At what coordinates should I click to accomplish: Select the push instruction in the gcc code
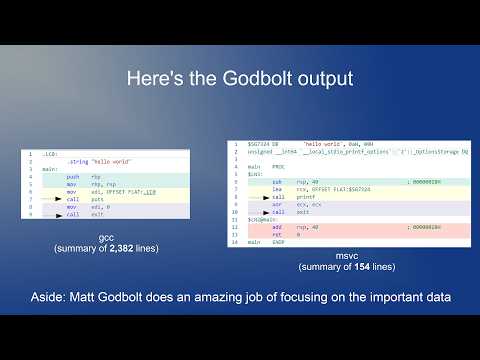(72, 177)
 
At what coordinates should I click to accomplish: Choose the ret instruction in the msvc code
(277, 234)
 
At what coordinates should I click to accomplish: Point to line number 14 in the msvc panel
(232, 242)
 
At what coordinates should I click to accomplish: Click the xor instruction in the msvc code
(277, 205)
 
